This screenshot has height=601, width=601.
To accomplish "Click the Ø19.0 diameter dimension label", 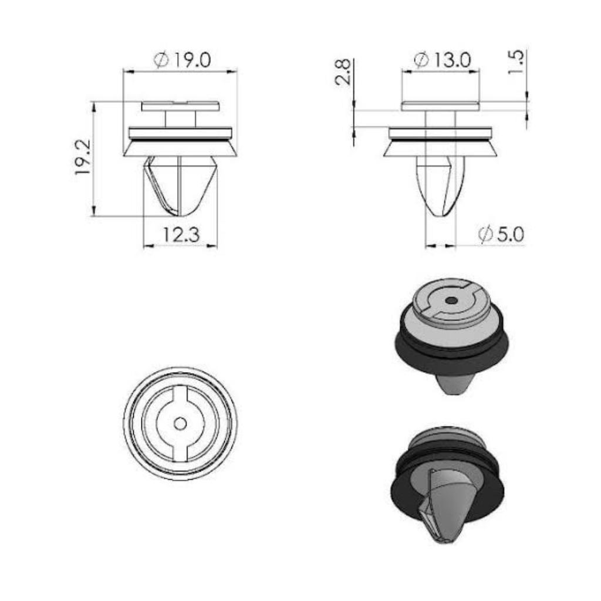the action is point(182,60).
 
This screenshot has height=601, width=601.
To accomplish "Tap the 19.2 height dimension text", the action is point(83,157).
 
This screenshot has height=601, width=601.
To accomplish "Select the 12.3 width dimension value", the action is point(181,235).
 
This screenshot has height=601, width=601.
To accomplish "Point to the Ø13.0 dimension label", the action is point(443,60).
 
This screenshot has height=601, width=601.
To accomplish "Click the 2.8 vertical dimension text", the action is point(343,72).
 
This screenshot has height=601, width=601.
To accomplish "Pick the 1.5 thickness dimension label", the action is point(515,62).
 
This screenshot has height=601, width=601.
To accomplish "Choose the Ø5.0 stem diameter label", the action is point(501,234).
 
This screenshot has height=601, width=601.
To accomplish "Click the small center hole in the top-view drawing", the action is point(180,424).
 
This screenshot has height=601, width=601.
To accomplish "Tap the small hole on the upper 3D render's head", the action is point(451,301).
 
